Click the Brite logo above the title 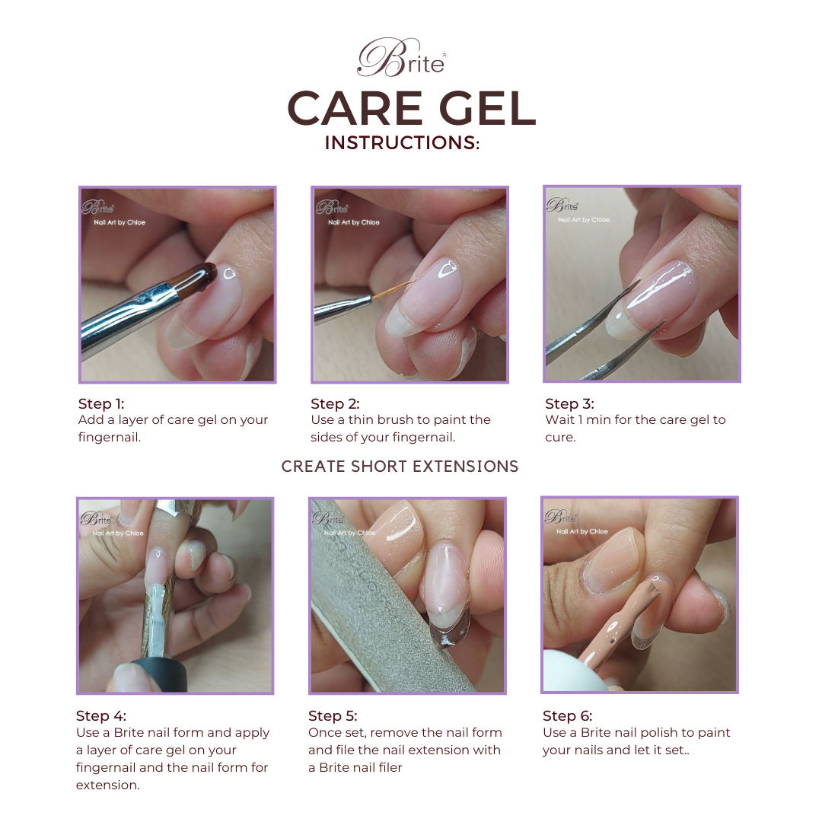point(402,58)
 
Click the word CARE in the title point(355,109)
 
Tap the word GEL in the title point(487,109)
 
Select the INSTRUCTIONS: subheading point(402,142)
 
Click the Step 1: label point(101,403)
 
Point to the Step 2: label point(335,403)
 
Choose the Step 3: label point(569,403)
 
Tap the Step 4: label point(101,715)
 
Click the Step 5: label point(333,715)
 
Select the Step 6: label point(567,715)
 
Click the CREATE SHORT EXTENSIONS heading point(400,466)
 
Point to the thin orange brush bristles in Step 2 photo point(393,289)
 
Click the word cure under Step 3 point(560,438)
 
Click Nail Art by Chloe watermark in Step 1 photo point(119,222)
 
